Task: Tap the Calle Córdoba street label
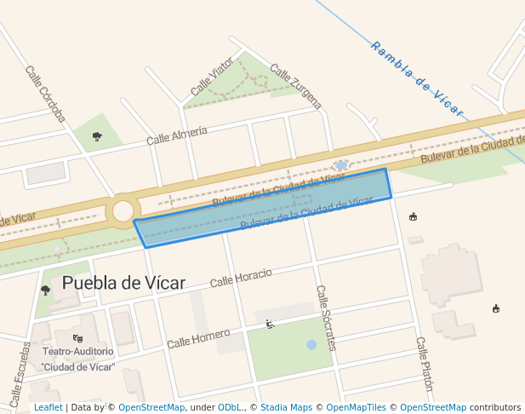pos(45,93)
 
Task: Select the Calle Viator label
pos(212,77)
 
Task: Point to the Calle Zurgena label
pos(296,87)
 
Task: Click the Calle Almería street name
pos(177,135)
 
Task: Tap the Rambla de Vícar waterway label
pos(416,78)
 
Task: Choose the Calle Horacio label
pos(241,277)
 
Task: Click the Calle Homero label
pos(198,338)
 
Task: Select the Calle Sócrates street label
pos(326,317)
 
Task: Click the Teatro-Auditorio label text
pos(77,351)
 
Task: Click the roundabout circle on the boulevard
pos(123,211)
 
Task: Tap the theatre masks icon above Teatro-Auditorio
pos(77,338)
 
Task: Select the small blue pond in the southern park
pos(311,345)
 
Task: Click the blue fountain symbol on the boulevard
pos(341,164)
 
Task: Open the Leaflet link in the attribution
pos(48,407)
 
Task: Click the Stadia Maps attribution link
pos(286,407)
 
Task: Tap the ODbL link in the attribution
pos(231,407)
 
